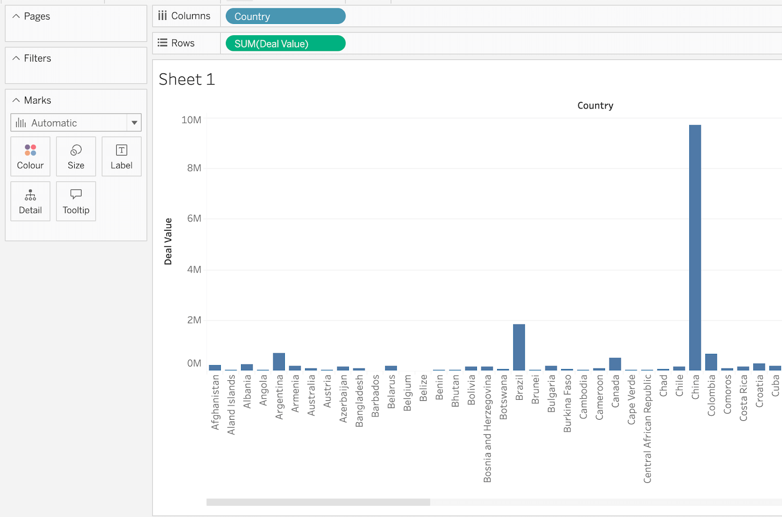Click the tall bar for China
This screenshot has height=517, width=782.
click(695, 247)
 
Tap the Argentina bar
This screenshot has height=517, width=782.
click(279, 362)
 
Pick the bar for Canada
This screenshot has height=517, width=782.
click(615, 364)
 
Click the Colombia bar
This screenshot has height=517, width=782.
click(711, 362)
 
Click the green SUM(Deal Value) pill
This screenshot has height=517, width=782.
click(285, 43)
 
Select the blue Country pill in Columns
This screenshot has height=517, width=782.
click(285, 17)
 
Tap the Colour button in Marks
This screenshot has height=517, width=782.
click(30, 156)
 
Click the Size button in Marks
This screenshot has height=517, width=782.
click(76, 156)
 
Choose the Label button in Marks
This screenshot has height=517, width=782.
click(121, 156)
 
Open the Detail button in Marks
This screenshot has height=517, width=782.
click(30, 201)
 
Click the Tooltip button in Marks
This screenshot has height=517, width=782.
click(76, 201)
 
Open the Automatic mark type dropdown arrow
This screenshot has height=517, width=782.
click(134, 123)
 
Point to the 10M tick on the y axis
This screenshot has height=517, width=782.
click(191, 120)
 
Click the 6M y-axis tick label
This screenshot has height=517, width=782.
click(194, 218)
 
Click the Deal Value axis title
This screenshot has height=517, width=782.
click(168, 241)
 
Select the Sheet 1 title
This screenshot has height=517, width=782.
click(187, 79)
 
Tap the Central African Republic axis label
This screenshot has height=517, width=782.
click(647, 429)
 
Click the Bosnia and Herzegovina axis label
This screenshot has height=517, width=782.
click(487, 429)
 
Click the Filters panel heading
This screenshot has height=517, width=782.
click(37, 58)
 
